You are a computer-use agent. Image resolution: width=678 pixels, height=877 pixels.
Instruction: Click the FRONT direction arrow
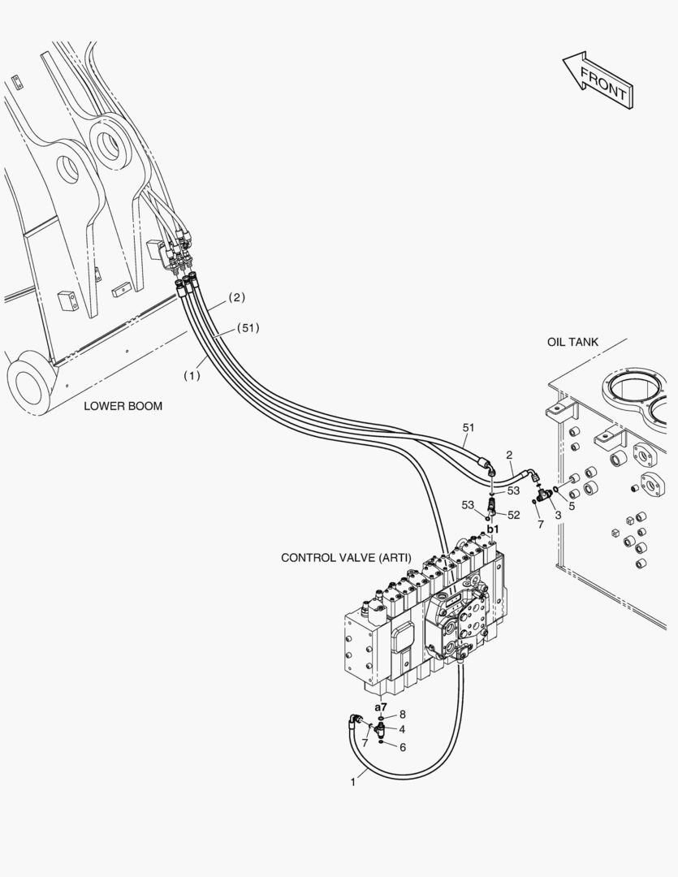(x=598, y=82)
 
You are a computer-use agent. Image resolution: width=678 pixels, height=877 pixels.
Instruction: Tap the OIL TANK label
(x=572, y=342)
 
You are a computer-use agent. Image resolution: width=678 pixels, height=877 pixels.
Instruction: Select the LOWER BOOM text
(x=123, y=406)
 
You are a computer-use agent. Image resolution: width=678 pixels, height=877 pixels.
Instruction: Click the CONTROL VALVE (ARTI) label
(x=346, y=558)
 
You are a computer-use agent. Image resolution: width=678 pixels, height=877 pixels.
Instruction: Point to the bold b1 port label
(x=492, y=529)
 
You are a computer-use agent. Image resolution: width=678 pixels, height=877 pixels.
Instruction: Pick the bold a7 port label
(x=380, y=707)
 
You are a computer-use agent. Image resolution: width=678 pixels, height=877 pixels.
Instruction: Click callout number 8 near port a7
(x=402, y=715)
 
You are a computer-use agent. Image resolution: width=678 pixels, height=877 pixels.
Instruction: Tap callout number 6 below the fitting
(x=403, y=747)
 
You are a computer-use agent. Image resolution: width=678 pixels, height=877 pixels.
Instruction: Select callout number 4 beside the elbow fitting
(x=402, y=729)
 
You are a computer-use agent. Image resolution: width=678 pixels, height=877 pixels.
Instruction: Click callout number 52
(x=513, y=515)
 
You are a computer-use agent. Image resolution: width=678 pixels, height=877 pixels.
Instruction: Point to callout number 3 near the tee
(x=558, y=516)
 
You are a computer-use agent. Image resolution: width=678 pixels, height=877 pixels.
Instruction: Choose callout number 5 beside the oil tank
(x=571, y=506)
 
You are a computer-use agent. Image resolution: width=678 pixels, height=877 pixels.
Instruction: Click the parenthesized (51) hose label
(x=248, y=328)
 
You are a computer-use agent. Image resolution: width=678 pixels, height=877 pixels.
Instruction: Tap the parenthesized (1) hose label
(x=192, y=376)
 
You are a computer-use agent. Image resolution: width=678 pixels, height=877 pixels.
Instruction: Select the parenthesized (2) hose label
(x=236, y=297)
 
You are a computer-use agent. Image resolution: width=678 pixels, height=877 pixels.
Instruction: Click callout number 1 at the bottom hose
(x=353, y=783)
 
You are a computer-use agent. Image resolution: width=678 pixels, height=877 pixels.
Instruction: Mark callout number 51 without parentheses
(x=469, y=428)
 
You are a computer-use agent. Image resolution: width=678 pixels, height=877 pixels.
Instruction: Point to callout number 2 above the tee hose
(x=509, y=455)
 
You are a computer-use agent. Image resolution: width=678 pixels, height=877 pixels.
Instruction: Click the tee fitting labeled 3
(x=544, y=494)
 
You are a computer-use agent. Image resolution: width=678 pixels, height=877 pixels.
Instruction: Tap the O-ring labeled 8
(x=380, y=718)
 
